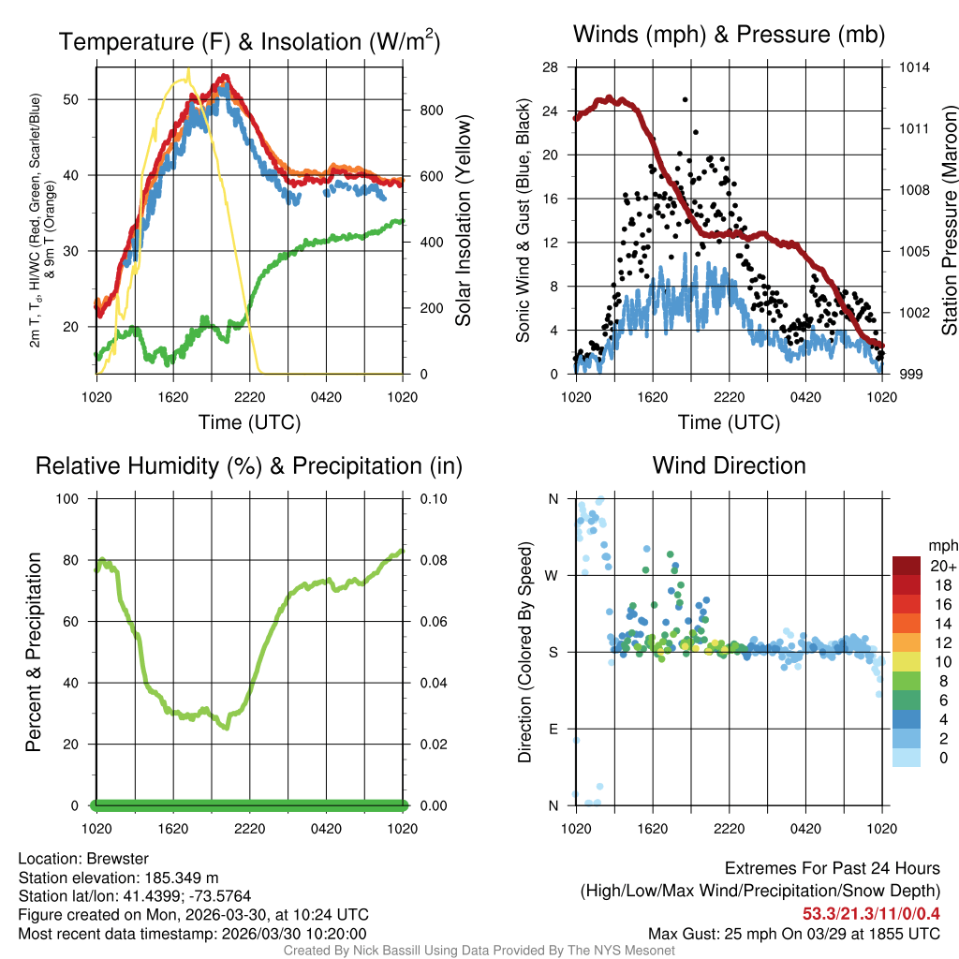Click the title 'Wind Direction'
[x=729, y=465]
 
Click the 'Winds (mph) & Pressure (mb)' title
[x=729, y=35]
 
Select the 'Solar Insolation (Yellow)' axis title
[x=463, y=220]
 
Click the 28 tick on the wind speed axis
[x=550, y=67]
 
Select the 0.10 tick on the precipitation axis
[x=433, y=498]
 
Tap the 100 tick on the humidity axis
[x=71, y=498]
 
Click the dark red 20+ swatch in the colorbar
[x=906, y=565]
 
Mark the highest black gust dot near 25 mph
[x=686, y=99]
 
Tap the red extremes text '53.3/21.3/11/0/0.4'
[x=870, y=914]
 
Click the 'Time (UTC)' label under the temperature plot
[x=249, y=422]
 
